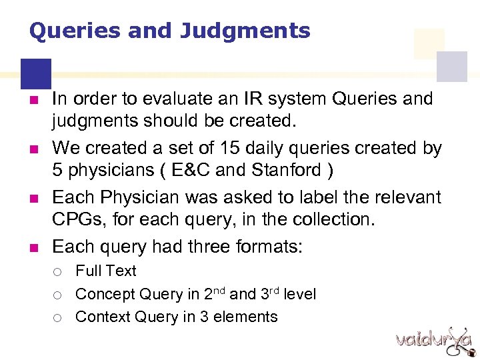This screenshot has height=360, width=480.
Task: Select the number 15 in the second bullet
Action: (x=212, y=148)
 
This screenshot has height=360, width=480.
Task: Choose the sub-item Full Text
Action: (x=105, y=271)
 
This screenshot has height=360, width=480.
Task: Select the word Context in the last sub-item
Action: (x=102, y=317)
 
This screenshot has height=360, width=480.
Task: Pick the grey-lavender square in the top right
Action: (x=451, y=67)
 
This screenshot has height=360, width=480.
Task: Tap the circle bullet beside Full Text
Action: (x=59, y=272)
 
